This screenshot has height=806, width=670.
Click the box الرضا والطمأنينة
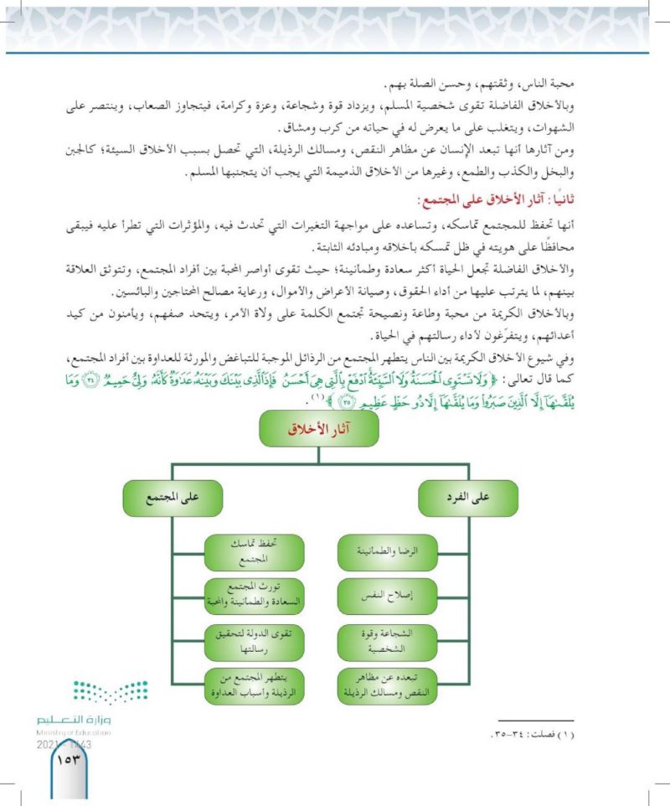point(387,550)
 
